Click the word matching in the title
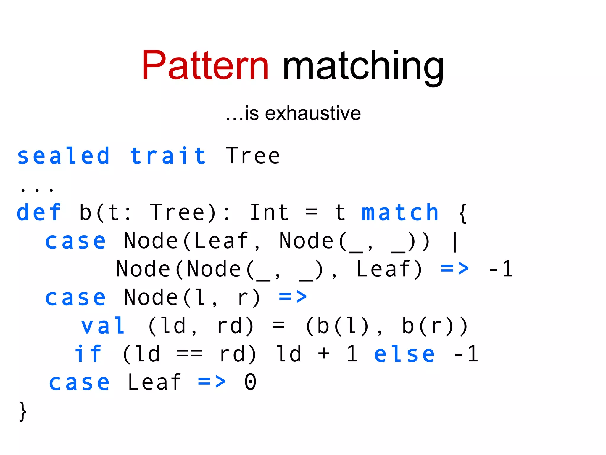tap(363, 67)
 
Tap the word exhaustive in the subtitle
tap(313, 113)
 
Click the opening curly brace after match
tap(463, 213)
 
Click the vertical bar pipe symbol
tap(455, 241)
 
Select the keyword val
tap(103, 326)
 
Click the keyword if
tap(88, 354)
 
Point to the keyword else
tap(404, 354)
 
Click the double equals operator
tap(189, 354)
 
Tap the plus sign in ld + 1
tap(324, 354)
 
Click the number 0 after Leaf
tap(250, 382)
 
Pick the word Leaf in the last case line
tap(154, 382)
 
